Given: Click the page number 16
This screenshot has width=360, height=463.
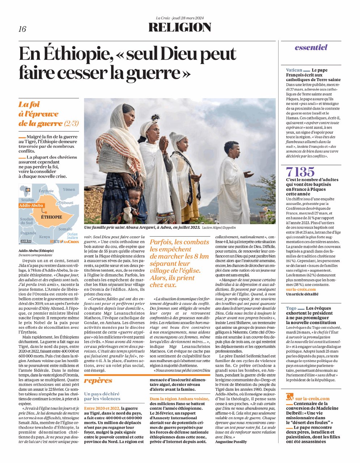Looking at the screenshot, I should coord(22,29).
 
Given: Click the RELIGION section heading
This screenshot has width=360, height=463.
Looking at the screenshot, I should coord(180,27).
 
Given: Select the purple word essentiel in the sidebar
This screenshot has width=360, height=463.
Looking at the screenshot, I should coord(311,47).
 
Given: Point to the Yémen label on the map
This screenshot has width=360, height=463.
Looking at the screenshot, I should coord(69,190).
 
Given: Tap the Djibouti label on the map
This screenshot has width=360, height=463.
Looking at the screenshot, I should coord(66,203).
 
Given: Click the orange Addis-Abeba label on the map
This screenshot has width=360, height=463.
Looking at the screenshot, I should coord(31,205).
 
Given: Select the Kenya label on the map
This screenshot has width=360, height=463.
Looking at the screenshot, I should coord(45,237).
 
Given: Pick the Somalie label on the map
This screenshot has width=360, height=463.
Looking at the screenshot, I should coord(65,229).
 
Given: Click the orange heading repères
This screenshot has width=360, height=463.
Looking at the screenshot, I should coord(98,381).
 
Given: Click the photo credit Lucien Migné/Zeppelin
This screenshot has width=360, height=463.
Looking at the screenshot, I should coord(219,227).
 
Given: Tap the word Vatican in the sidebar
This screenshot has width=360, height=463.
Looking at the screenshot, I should coord(294,70).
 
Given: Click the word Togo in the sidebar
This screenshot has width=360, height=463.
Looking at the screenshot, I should coord(291,309).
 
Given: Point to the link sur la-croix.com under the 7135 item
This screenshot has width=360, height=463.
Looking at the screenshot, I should coord(301,289).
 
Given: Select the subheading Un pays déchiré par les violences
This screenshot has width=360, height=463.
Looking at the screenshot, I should coord(102,396).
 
